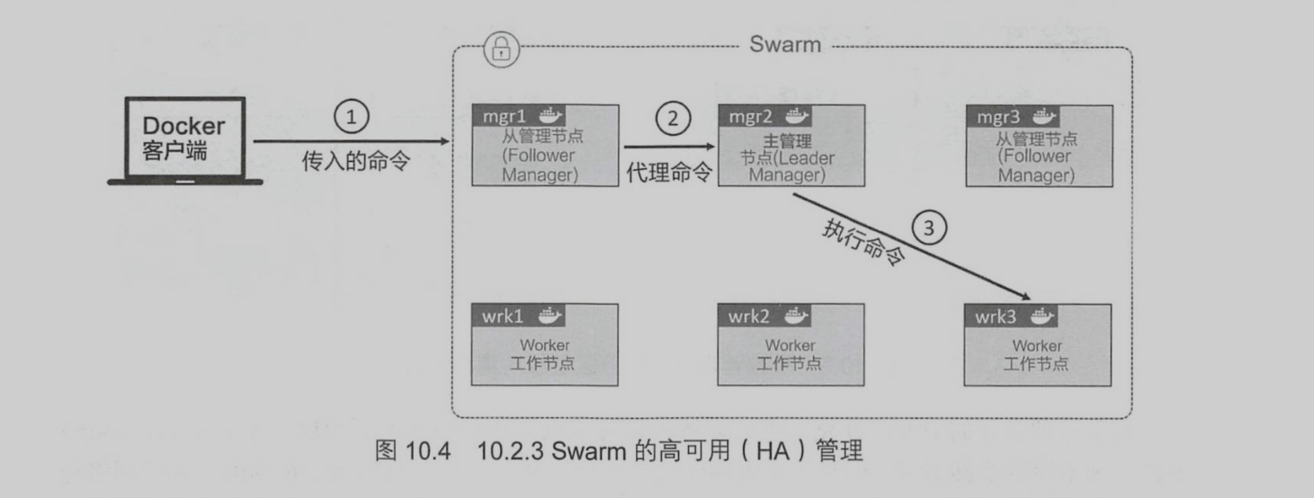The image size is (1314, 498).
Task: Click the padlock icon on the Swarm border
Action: coord(501,50)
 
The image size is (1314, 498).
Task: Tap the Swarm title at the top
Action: coord(785,45)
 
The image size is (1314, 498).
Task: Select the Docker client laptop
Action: coord(184,140)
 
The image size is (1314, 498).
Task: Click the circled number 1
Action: coord(352,116)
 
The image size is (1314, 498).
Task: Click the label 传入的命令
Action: coord(355,162)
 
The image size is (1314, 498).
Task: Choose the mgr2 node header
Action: coord(765,115)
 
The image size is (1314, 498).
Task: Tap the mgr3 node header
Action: coord(1013,115)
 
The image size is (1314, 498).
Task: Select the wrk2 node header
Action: coord(765,315)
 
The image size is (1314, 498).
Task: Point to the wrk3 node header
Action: coord(1013,316)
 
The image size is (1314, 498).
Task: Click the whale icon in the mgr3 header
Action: coord(1043,115)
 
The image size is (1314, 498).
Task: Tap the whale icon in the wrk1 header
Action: coord(550,315)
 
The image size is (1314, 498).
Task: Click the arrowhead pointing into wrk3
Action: coord(1025,297)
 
